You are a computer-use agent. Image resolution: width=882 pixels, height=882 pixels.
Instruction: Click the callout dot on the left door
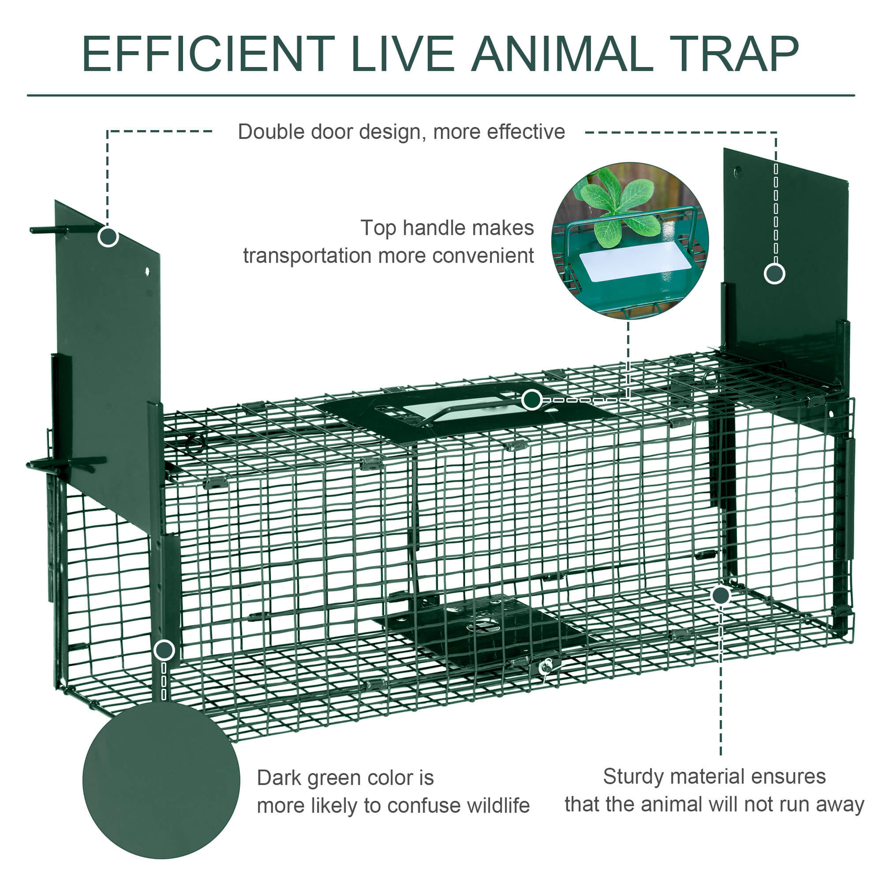coord(108,236)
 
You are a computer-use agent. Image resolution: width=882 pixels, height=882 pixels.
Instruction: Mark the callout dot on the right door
coord(774,273)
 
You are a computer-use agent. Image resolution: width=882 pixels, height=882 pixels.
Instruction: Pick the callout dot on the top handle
coord(532,400)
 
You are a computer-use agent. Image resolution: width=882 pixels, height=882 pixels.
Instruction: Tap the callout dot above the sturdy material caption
coord(721,595)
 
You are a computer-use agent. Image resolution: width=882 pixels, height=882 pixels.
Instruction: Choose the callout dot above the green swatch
coord(164,650)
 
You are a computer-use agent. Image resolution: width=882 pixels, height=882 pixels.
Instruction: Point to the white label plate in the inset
coord(635,262)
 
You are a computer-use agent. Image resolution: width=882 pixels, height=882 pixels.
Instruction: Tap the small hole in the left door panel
coord(147,271)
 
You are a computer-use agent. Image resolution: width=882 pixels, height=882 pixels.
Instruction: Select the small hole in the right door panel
coord(736,172)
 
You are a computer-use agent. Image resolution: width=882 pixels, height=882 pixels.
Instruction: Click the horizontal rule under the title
coord(441,95)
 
